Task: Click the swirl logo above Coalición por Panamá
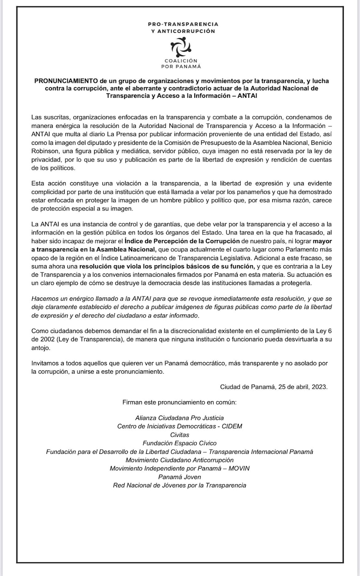[x=180, y=47]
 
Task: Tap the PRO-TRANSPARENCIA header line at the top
[x=183, y=24]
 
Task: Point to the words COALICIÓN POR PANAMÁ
[x=180, y=63]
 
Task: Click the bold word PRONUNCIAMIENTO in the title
[x=64, y=81]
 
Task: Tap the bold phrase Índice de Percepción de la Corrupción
[x=182, y=241]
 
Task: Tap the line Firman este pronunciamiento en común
[x=180, y=402]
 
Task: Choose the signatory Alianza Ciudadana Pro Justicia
[x=180, y=418]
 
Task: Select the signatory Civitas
[x=180, y=434]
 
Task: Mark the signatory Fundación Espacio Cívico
[x=180, y=443]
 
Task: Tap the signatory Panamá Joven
[x=180, y=477]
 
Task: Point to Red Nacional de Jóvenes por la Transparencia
[x=180, y=485]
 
